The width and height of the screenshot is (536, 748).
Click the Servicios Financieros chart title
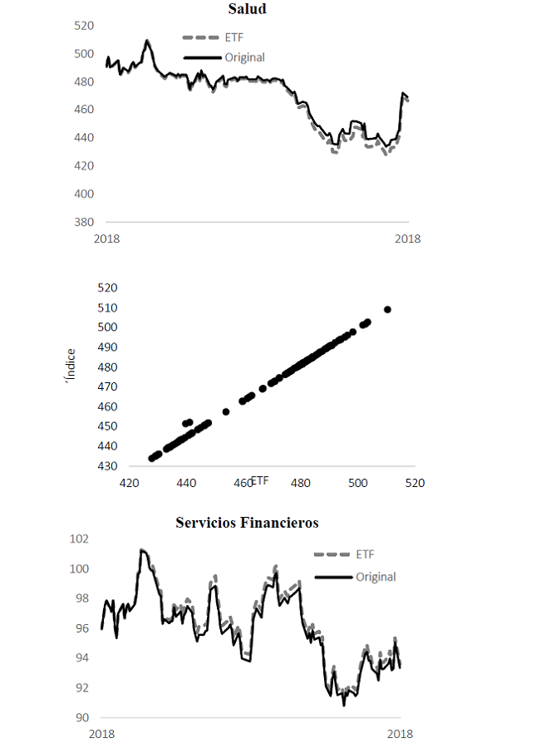point(247,523)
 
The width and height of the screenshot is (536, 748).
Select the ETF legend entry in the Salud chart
point(234,38)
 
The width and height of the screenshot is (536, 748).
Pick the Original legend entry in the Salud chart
point(244,57)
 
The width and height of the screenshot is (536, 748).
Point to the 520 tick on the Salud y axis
point(82,26)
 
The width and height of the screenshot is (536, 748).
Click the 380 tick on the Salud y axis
point(82,222)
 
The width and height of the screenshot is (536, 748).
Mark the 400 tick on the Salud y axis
point(82,194)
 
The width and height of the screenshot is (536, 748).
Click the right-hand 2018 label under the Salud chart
point(407,239)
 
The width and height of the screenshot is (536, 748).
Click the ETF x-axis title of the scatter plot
point(259,480)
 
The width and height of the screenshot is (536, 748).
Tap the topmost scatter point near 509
point(387,309)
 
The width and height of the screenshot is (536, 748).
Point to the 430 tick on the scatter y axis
point(108,466)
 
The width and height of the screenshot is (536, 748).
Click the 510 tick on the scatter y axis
point(108,308)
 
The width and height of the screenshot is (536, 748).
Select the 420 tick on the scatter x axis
point(129,483)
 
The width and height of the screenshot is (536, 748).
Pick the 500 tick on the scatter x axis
point(358,483)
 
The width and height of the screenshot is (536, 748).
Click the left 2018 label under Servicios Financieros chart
point(101,734)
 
